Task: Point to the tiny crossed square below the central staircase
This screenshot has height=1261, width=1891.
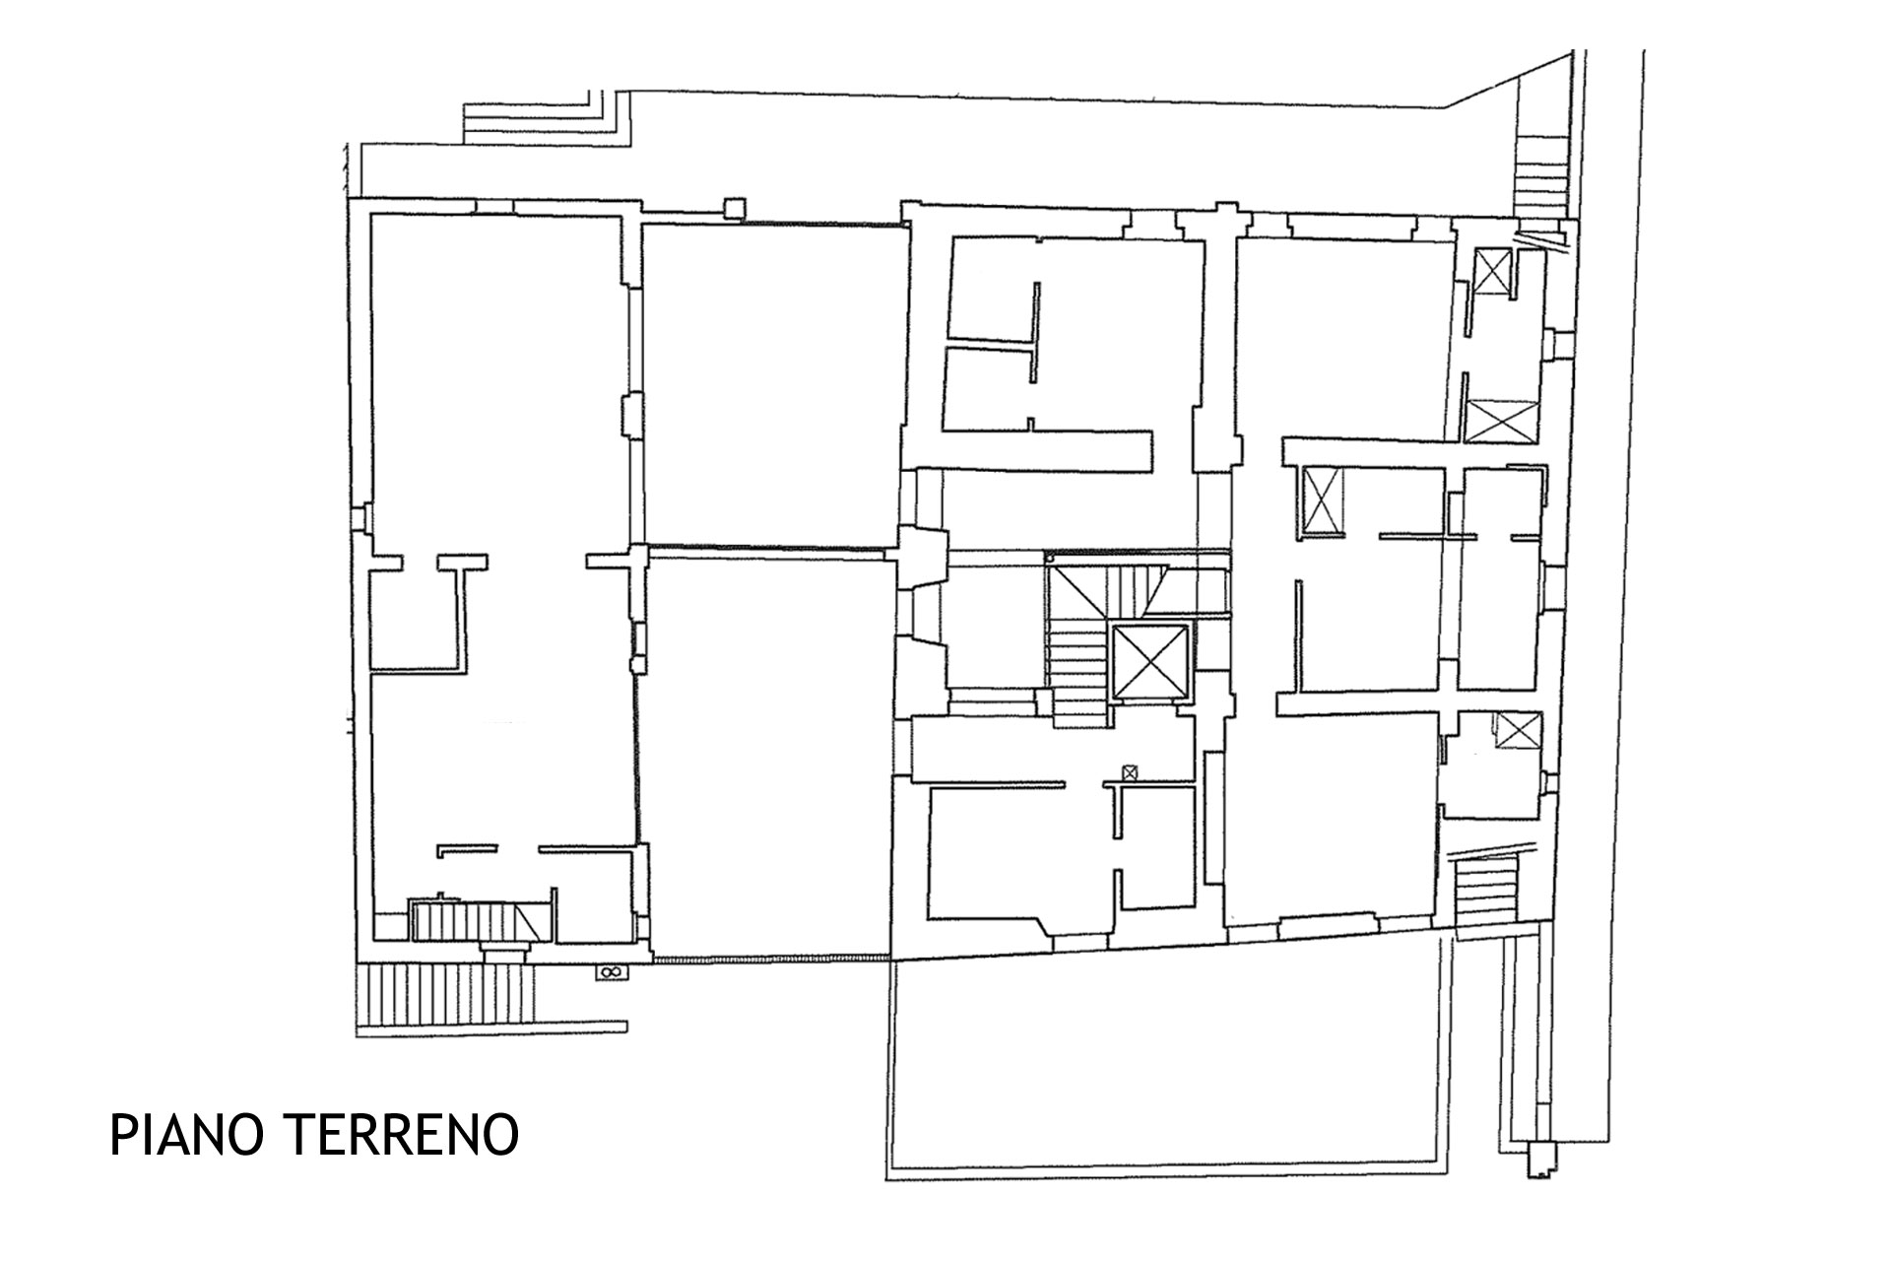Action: tap(1129, 773)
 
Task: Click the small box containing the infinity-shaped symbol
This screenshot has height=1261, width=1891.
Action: tap(609, 972)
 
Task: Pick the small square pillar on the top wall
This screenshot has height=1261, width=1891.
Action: tap(735, 208)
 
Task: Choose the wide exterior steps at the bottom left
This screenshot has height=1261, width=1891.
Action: tap(445, 992)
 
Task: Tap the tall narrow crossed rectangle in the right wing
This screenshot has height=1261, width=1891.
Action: tap(1322, 500)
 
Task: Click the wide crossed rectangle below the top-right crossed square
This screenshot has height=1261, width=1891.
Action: tap(1501, 421)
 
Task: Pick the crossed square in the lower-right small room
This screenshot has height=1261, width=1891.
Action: tap(1518, 731)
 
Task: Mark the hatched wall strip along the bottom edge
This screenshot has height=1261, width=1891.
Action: tap(771, 959)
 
